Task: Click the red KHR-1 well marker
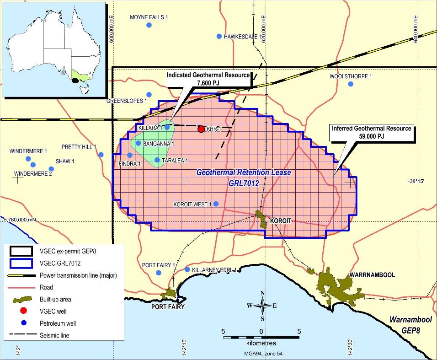pyautogui.click(x=201, y=129)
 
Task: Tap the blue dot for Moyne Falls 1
pyautogui.click(x=149, y=25)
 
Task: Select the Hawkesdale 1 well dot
pyautogui.click(x=219, y=36)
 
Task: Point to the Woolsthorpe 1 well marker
pyautogui.click(x=351, y=84)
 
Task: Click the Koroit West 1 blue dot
pyautogui.click(x=216, y=204)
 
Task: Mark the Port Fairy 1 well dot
pyautogui.click(x=159, y=273)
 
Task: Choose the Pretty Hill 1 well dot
pyautogui.click(x=101, y=155)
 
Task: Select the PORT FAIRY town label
pyautogui.click(x=168, y=307)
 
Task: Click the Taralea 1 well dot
pyautogui.click(x=157, y=160)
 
